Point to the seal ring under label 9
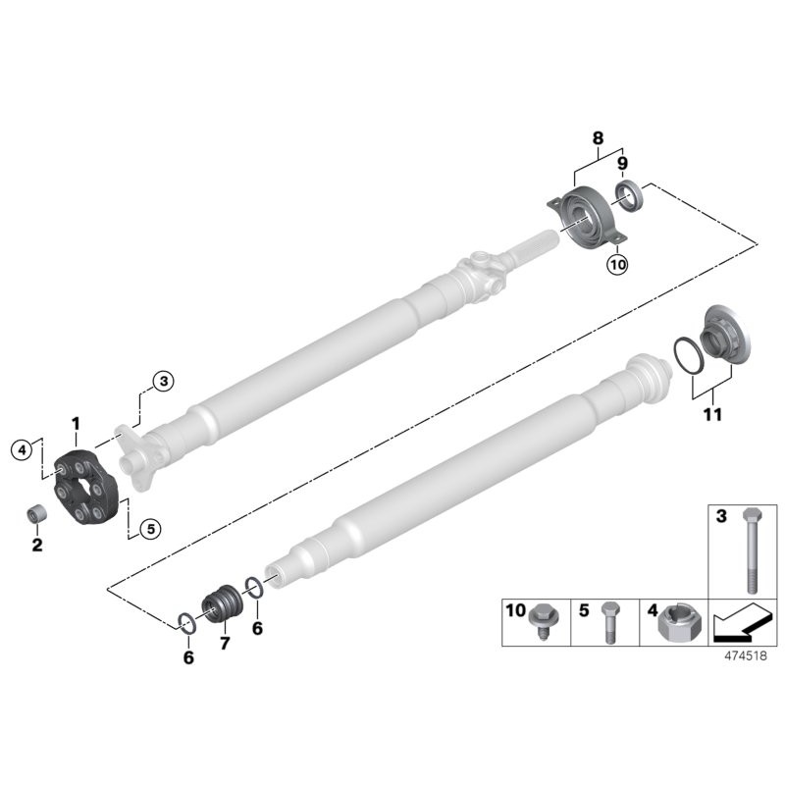pos(627,193)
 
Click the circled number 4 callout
pos(21,450)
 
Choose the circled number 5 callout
pos(149,528)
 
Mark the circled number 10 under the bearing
pos(615,264)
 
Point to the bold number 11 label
pos(712,415)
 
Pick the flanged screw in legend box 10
pos(540,621)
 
